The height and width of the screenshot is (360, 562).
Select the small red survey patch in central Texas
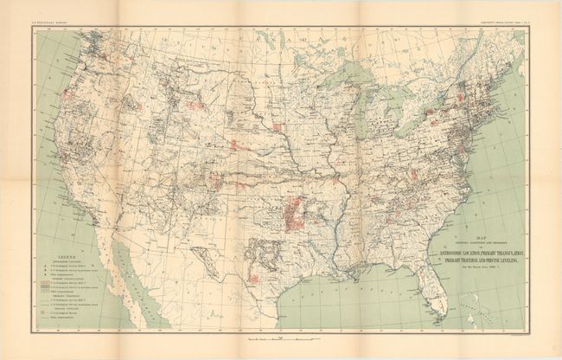coord(255,277)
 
